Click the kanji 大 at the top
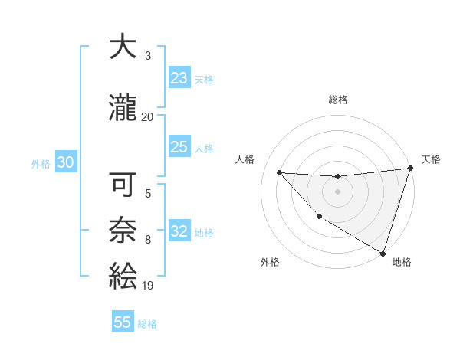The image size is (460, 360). pos(123,47)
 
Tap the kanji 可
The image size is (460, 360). pos(123,186)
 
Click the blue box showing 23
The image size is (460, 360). pos(179,77)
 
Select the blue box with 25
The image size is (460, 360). pos(179,147)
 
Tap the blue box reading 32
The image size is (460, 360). pos(179,231)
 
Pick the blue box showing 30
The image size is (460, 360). pos(65,162)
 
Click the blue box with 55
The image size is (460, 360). pos(123,322)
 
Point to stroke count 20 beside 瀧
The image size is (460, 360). pos(147,116)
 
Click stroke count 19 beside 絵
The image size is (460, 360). pos(147,285)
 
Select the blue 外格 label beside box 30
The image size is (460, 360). pos(41,163)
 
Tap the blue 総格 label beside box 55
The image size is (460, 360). pos(147,323)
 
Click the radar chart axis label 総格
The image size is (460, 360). pos(337,100)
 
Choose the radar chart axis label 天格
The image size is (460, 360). pos(431,159)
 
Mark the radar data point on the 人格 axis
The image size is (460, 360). pos(279,172)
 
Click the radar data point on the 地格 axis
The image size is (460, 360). pos(383,253)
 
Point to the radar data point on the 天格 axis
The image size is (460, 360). pos(410,169)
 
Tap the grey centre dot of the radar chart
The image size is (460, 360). pos(337,191)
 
